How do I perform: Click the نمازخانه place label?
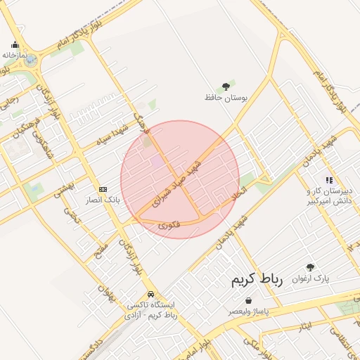tap(15, 55)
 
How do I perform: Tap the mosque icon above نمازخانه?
tap(15, 45)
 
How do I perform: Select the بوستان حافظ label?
tap(225, 98)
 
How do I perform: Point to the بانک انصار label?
tap(103, 200)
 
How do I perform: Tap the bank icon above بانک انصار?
tap(103, 189)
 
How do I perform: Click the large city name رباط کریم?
tap(257, 280)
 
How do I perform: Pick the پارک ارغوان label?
tap(311, 278)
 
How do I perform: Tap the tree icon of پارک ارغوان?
tap(311, 268)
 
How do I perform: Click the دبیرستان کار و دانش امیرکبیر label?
tap(328, 196)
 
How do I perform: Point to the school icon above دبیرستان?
tap(329, 181)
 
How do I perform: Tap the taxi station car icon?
tap(150, 295)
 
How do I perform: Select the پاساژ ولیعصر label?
tap(249, 311)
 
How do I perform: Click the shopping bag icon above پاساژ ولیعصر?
tap(249, 300)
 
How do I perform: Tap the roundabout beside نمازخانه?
tap(30, 61)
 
